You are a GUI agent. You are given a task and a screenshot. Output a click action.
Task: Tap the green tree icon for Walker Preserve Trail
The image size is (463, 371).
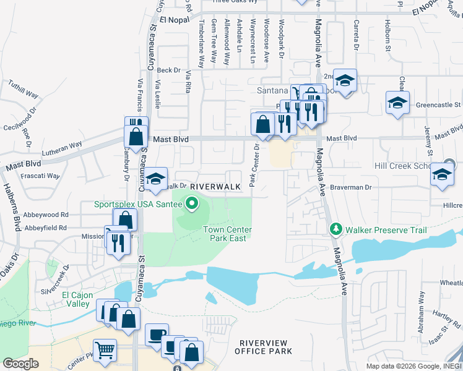coord(336,230)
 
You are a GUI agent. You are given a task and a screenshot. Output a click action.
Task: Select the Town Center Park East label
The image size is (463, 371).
coord(228,234)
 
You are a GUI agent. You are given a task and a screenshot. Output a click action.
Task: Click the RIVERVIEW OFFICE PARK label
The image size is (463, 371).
coord(263,347)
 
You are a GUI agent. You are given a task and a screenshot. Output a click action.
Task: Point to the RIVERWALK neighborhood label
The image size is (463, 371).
coord(214,187)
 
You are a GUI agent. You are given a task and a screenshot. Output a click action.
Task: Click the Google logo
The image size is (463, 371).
coord(20,364)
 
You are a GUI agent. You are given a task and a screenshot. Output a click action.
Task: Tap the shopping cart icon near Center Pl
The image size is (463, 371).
coord(105,349)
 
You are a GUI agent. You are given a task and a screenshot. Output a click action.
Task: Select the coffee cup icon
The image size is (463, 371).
coord(157,335)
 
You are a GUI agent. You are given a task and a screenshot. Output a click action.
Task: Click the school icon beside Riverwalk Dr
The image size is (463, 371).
coord(156,178)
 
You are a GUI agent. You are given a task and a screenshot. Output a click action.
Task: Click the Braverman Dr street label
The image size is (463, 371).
coord(350,187)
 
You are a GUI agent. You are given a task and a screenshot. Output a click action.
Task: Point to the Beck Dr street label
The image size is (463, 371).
coord(168,70)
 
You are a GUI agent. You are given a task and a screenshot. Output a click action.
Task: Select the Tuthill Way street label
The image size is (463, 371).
coord(23,93)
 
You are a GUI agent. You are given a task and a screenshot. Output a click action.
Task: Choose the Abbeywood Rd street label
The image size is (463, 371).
coord(46,216)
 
